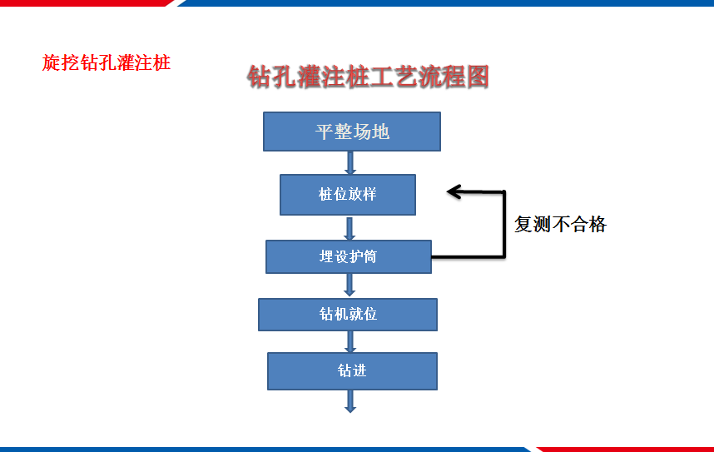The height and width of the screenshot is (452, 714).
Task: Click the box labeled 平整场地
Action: click(352, 132)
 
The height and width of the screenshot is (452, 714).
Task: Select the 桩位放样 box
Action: click(348, 195)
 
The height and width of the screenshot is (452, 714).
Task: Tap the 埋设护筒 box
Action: click(349, 257)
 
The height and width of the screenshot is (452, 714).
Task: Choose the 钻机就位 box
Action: click(348, 315)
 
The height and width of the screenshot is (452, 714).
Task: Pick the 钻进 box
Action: click(353, 371)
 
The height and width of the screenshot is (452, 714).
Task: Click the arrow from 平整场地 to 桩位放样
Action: click(350, 163)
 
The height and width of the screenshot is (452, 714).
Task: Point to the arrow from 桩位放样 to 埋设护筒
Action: click(350, 229)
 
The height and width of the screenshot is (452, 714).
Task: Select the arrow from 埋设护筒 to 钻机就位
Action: click(350, 285)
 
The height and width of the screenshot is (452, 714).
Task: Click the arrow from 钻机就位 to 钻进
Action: click(350, 342)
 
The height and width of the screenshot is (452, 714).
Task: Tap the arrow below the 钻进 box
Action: click(350, 401)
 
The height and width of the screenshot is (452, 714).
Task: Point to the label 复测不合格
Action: click(561, 224)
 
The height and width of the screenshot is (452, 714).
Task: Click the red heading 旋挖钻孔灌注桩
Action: click(106, 63)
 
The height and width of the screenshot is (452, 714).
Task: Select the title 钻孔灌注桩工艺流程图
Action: click(369, 76)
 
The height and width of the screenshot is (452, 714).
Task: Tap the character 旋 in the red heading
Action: click(51, 63)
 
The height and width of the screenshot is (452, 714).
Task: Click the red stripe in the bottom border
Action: click(625, 450)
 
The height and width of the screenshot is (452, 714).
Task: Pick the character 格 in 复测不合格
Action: click(597, 224)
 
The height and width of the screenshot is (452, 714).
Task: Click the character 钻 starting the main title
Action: click(259, 76)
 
